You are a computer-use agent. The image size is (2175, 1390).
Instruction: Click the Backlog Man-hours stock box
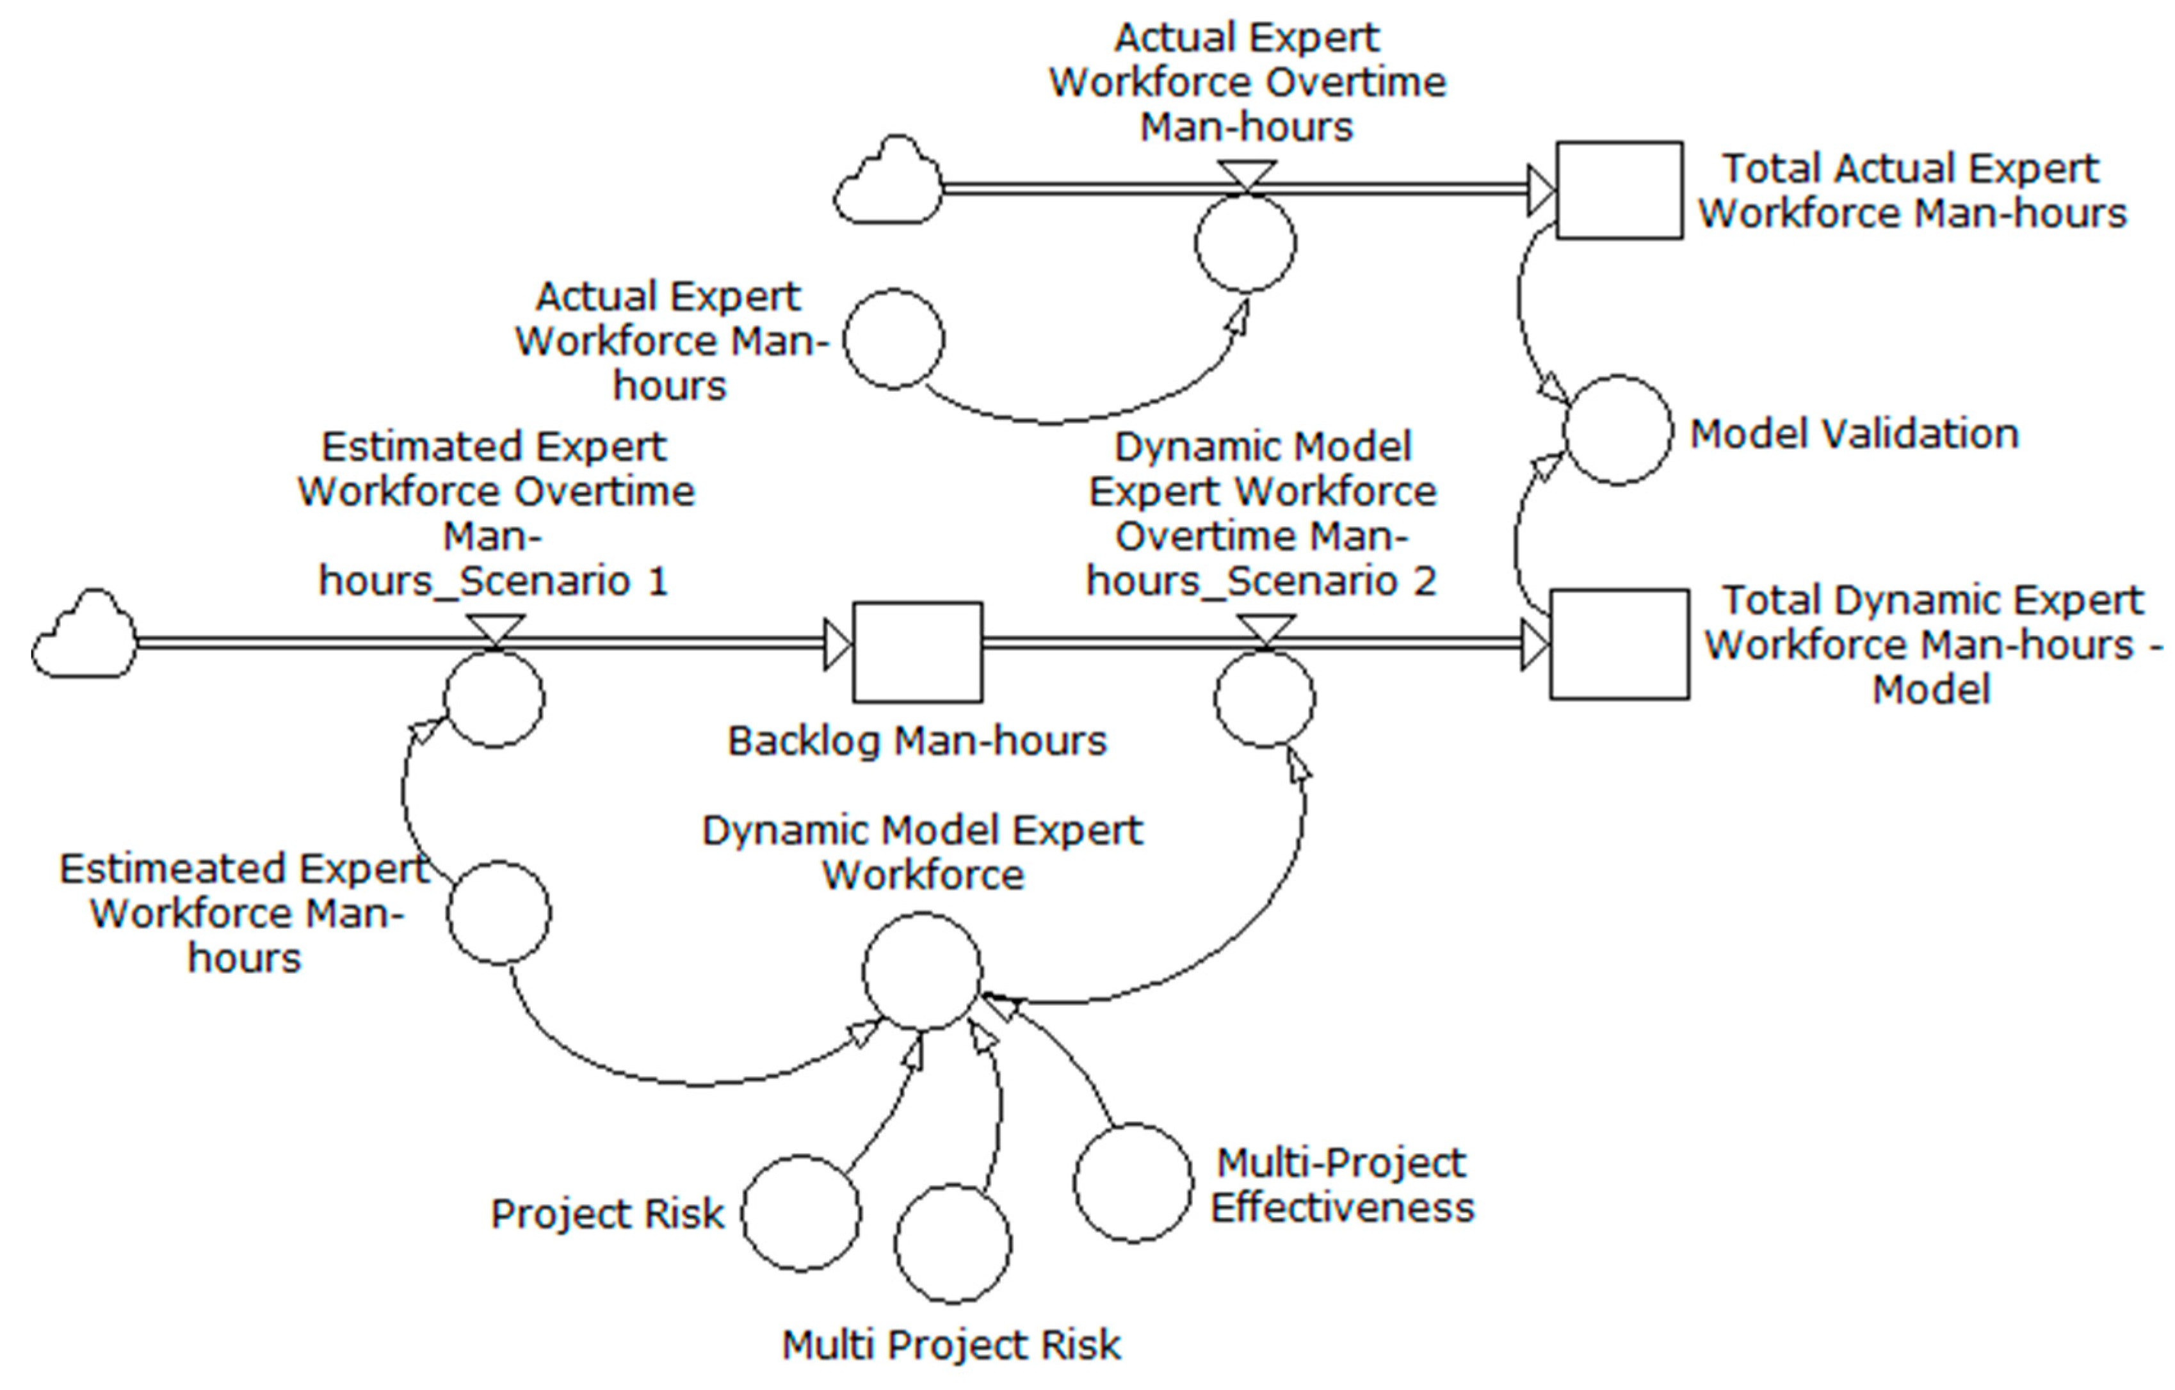(917, 651)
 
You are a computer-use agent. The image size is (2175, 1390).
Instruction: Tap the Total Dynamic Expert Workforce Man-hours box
(1619, 644)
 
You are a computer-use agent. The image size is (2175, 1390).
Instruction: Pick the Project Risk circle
(800, 1213)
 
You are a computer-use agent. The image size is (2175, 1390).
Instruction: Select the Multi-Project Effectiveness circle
(1133, 1183)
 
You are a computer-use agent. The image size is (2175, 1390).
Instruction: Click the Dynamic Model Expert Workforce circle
(921, 971)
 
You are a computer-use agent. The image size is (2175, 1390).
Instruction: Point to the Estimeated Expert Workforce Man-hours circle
(497, 912)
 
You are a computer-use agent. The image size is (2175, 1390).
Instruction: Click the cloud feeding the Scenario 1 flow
(84, 636)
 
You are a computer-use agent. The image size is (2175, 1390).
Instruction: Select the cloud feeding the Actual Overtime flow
(888, 182)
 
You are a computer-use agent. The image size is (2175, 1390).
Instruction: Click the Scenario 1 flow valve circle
(493, 697)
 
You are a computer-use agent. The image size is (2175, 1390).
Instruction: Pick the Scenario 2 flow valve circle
(1264, 697)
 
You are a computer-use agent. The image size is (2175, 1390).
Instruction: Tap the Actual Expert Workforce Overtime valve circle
(1245, 242)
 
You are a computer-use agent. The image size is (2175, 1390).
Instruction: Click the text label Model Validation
(1854, 433)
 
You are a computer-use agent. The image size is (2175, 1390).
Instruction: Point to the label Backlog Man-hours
(917, 741)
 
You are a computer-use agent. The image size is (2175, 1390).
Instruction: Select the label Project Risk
(607, 1214)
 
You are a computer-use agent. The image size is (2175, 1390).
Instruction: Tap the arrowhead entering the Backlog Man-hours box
(838, 644)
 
